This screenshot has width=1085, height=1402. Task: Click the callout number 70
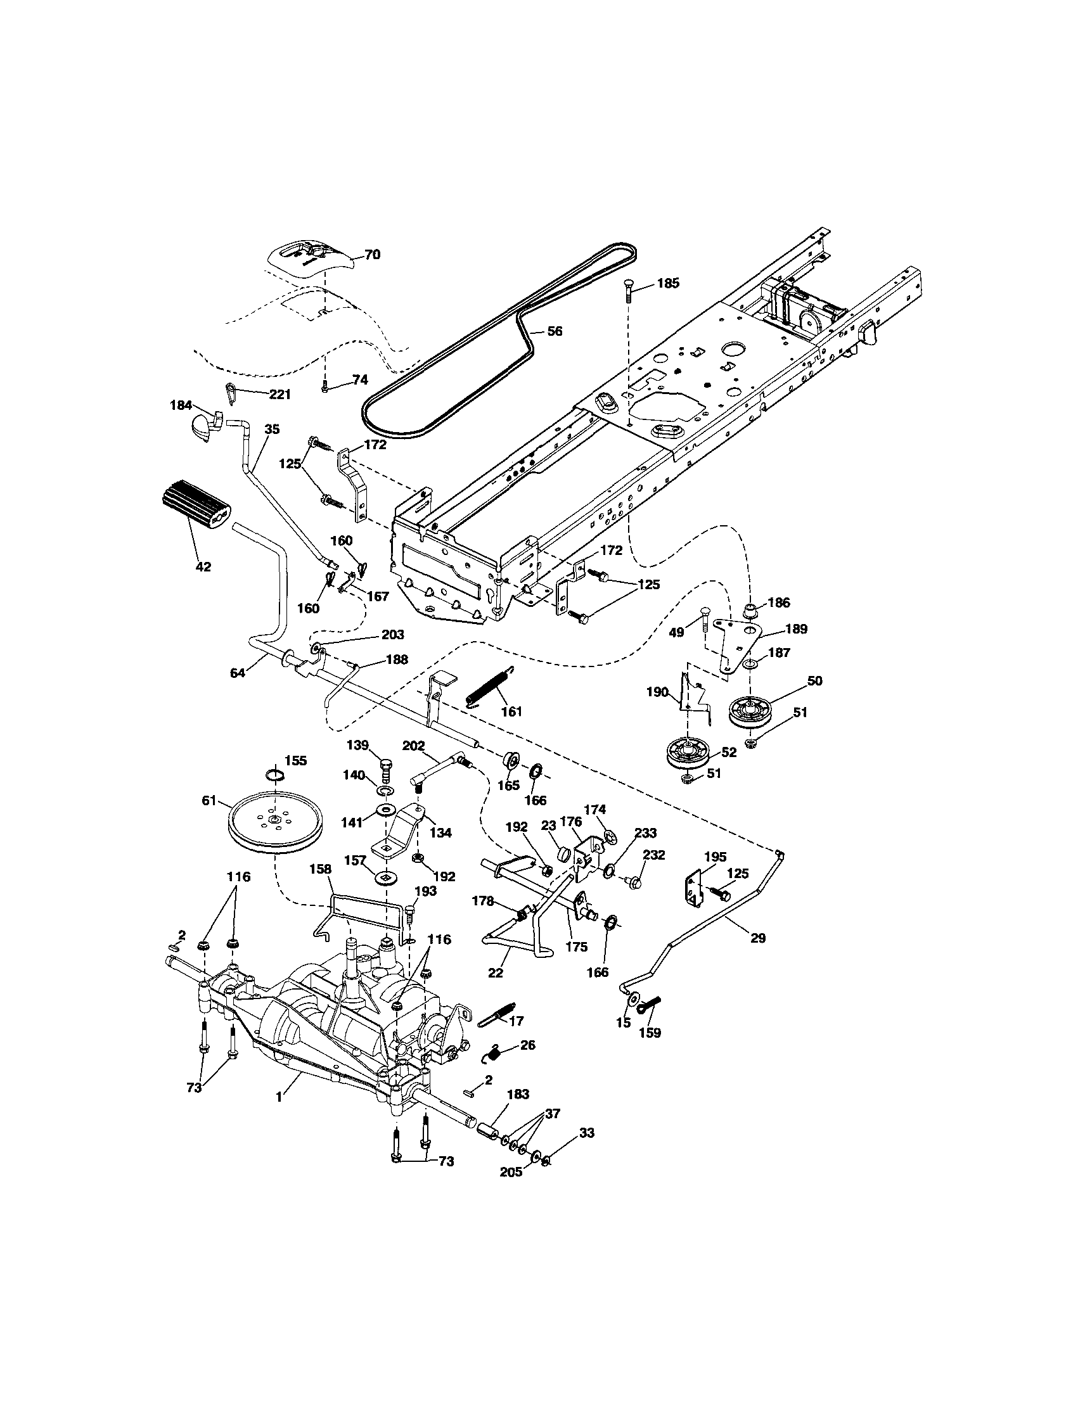[373, 255]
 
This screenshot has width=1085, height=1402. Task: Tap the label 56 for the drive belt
[554, 331]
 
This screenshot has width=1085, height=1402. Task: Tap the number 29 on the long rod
[758, 938]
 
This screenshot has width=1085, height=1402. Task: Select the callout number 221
[279, 395]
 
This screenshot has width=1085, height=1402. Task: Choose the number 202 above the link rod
[414, 746]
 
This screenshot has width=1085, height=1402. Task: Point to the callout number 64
[238, 673]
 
